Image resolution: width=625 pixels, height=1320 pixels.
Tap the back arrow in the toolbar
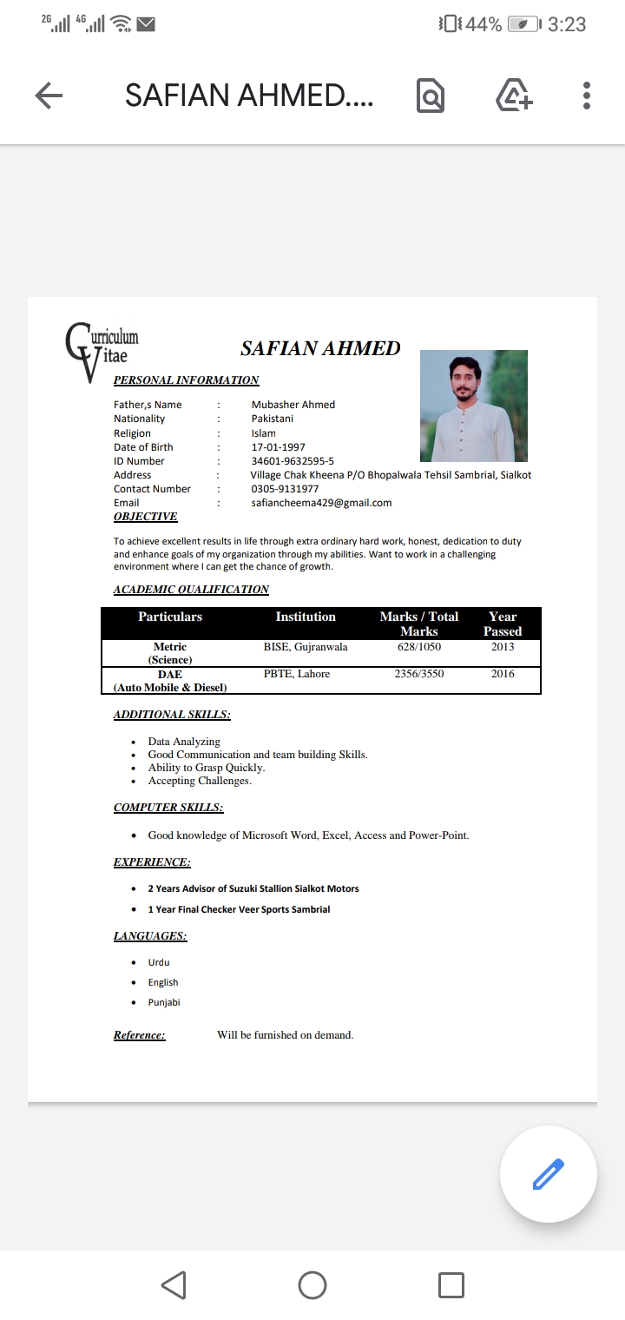pos(49,96)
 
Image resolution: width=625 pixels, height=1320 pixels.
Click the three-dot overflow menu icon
pos(587,96)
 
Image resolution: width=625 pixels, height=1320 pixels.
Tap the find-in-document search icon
pos(431,96)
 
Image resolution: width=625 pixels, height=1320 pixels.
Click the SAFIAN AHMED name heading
pos(320,348)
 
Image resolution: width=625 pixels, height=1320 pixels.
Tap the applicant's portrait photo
pos(473,406)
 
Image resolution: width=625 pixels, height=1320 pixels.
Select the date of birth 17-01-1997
pos(278,447)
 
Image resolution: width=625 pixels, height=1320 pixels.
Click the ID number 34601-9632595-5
pos(293,461)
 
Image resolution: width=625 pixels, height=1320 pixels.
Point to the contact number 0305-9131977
pos(285,489)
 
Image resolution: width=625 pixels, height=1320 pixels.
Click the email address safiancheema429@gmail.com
pos(321,503)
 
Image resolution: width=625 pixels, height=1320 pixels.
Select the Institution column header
pos(306,617)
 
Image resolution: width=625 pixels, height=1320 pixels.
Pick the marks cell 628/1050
pos(419,647)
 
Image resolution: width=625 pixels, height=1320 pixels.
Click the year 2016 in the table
pos(503,674)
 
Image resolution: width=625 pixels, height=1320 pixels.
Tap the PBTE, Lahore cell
pos(297,674)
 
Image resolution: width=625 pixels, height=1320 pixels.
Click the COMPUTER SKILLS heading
pos(168,808)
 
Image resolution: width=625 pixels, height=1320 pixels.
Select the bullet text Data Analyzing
pos(184,742)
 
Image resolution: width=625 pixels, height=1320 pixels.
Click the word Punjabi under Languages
pos(164,1002)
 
